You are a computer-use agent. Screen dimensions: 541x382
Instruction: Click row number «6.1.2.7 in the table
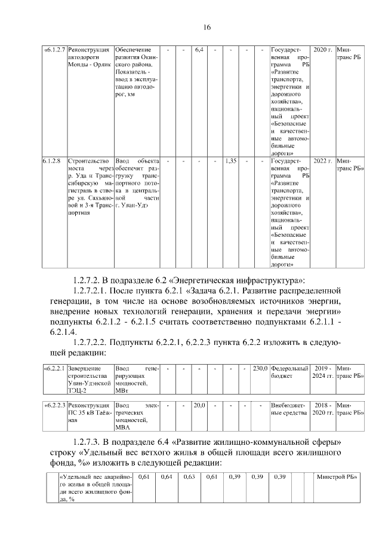point(54,50)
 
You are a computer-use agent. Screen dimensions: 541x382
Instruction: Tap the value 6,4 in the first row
point(199,50)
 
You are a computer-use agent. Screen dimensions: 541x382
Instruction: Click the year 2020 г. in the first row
point(322,50)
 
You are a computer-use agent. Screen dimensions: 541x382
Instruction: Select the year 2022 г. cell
point(322,161)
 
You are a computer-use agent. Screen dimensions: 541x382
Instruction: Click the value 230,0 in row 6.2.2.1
point(260,368)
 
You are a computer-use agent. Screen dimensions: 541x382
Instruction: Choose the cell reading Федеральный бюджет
point(289,372)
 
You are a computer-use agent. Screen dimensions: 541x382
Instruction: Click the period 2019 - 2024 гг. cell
point(322,372)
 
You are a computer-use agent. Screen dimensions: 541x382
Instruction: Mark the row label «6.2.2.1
point(56,368)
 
